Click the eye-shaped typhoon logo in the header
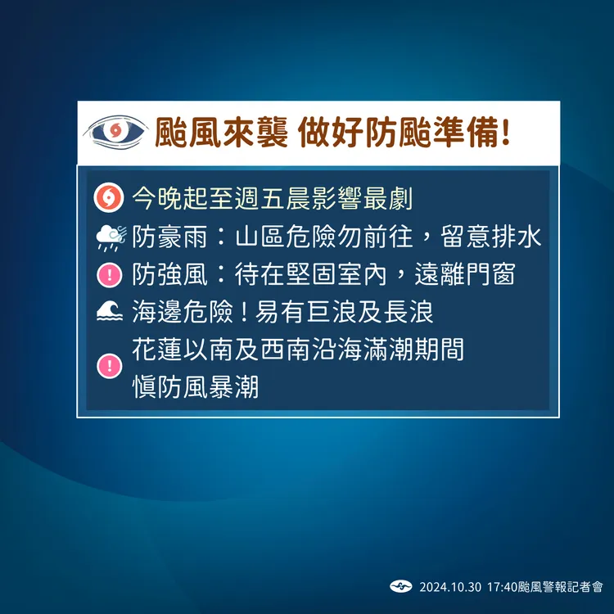[116, 132]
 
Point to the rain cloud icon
[109, 237]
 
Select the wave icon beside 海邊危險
[108, 314]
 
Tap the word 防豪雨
[171, 237]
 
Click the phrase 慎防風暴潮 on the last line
[196, 386]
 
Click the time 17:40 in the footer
[502, 587]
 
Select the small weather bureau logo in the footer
[400, 586]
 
